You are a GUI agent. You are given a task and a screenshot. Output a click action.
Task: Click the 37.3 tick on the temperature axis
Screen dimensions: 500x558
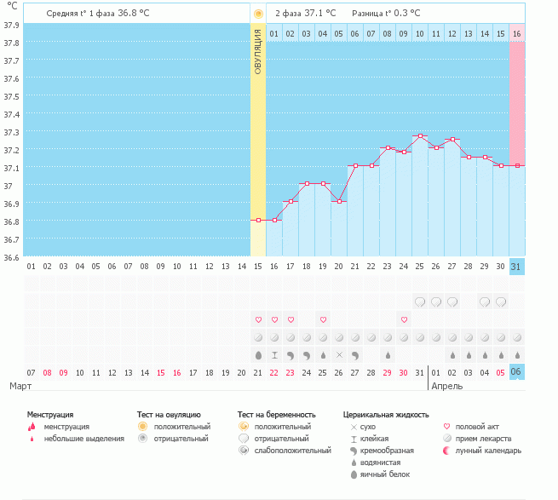(12, 132)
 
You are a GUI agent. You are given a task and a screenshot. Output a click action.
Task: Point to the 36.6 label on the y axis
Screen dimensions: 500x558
(12, 257)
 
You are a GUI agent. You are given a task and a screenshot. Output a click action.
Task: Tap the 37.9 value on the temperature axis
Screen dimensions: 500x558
(12, 25)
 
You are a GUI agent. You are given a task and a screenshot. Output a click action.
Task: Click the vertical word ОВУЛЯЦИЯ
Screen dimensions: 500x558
(258, 50)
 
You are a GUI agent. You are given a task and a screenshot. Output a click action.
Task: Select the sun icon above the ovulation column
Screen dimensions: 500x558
(258, 14)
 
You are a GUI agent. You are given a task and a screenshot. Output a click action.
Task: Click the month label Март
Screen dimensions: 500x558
(21, 386)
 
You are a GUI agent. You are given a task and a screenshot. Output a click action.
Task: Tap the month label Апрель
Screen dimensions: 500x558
(447, 386)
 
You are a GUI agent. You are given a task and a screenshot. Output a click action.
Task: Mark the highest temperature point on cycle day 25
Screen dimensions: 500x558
(420, 136)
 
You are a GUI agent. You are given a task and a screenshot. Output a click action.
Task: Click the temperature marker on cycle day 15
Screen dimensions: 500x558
(258, 220)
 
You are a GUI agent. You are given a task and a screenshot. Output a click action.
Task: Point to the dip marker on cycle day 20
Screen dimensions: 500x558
(339, 201)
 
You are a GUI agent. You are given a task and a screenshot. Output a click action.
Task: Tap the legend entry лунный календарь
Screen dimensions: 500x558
(487, 450)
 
